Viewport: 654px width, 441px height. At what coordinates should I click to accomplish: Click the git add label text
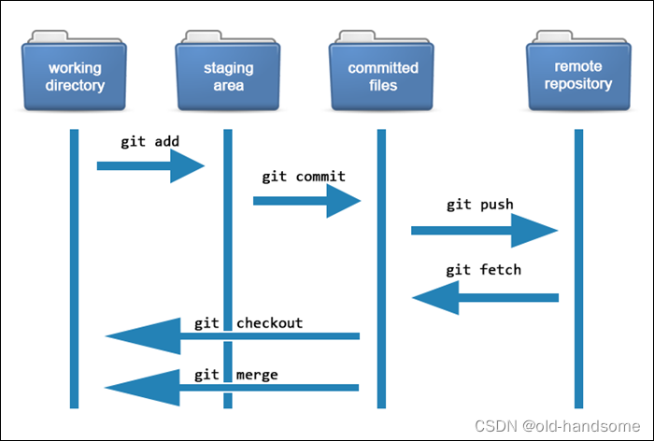coord(149,142)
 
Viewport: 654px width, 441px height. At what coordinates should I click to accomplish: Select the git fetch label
coord(483,270)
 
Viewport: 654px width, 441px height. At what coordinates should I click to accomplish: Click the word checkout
coord(269,323)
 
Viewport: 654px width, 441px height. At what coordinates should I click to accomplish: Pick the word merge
coord(257,375)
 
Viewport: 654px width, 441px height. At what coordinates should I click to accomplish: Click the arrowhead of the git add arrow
coord(187,166)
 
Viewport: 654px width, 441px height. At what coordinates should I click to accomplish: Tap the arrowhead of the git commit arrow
coord(343,199)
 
